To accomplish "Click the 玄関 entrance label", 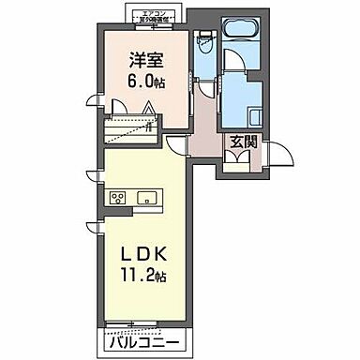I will pos(242,145).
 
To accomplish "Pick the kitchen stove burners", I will pos(119,198).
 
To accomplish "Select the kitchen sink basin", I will pos(148,198).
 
